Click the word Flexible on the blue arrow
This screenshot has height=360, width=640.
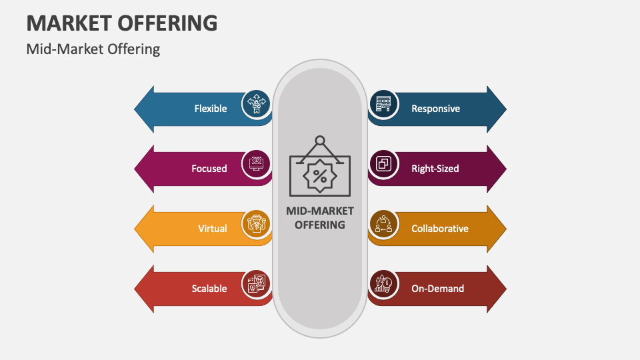(x=211, y=109)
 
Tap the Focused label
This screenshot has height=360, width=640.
(x=209, y=169)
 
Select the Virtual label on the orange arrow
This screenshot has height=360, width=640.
(x=212, y=229)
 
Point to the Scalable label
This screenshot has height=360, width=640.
(x=209, y=289)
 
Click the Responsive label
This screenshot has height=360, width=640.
(x=435, y=109)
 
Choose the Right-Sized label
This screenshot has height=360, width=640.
(x=435, y=169)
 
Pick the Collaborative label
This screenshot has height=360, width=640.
(x=439, y=229)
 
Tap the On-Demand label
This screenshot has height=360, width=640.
(x=437, y=289)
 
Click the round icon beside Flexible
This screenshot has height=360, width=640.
(x=256, y=103)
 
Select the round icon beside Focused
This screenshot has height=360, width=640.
(x=256, y=163)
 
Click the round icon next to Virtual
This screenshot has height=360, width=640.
(x=256, y=223)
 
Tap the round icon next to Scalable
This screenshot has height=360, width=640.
(x=256, y=283)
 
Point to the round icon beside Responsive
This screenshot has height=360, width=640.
(x=383, y=104)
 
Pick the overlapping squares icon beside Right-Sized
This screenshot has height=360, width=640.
(x=383, y=164)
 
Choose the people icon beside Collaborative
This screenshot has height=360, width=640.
(x=383, y=224)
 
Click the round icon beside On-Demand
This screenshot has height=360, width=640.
(x=383, y=284)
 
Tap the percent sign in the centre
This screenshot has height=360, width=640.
(x=320, y=177)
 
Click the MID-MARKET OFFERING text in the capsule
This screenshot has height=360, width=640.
(x=320, y=218)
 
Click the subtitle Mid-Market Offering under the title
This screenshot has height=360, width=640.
(x=93, y=49)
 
